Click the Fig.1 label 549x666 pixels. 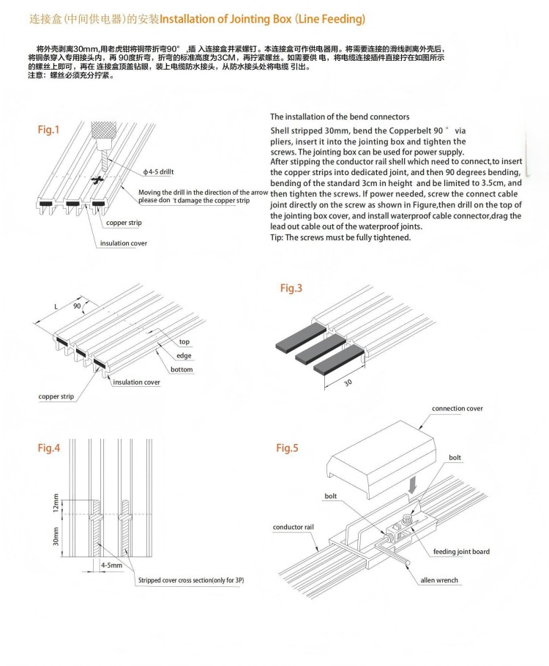pyautogui.click(x=49, y=130)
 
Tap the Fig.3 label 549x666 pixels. pyautogui.click(x=291, y=288)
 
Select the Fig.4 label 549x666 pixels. pyautogui.click(x=49, y=448)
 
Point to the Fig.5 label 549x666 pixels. pyautogui.click(x=287, y=448)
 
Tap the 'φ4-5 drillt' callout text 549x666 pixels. pyautogui.click(x=160, y=171)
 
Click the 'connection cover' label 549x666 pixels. pyautogui.click(x=457, y=409)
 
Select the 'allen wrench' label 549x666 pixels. pyautogui.click(x=438, y=580)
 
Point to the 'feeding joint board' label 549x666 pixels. pyautogui.click(x=461, y=552)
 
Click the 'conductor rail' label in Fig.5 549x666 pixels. pyautogui.click(x=292, y=527)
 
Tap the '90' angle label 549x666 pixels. pyautogui.click(x=77, y=306)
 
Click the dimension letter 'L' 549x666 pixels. pyautogui.click(x=56, y=306)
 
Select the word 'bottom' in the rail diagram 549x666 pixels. pyautogui.click(x=182, y=369)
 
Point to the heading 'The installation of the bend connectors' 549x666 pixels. pyautogui.click(x=340, y=116)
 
